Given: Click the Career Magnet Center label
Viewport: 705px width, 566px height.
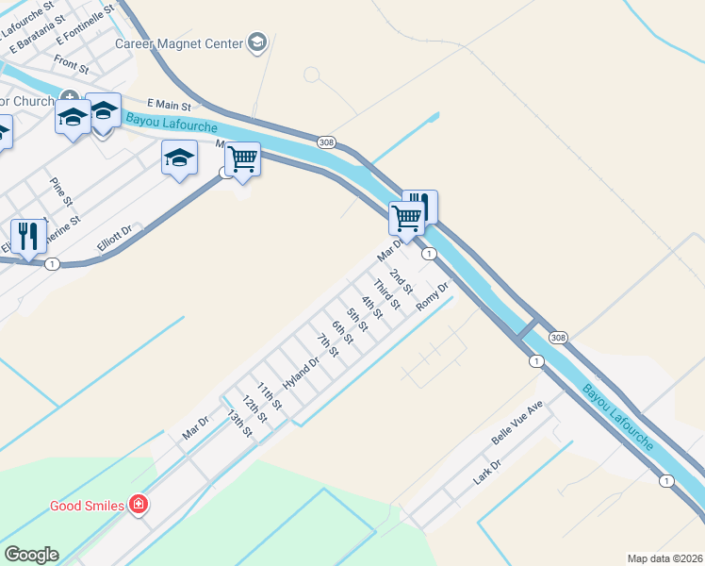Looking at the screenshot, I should (x=179, y=43).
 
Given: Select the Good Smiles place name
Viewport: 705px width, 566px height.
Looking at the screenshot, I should (x=87, y=506).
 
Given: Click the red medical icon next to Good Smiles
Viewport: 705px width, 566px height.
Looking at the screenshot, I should (x=139, y=506).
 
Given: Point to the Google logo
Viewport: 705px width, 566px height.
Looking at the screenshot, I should (x=31, y=555).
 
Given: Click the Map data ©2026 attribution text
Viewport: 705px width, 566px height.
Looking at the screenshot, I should (x=665, y=558).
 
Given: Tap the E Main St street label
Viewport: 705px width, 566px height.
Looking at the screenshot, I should (x=170, y=105).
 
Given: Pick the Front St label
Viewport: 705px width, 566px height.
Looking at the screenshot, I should (x=71, y=65).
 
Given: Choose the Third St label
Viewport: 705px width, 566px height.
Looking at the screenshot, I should (x=386, y=294).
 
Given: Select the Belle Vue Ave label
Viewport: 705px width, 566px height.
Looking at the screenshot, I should (x=517, y=424).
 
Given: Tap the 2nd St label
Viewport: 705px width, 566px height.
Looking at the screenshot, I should (x=402, y=280).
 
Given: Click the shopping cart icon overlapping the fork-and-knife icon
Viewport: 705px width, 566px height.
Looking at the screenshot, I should (x=406, y=217).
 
